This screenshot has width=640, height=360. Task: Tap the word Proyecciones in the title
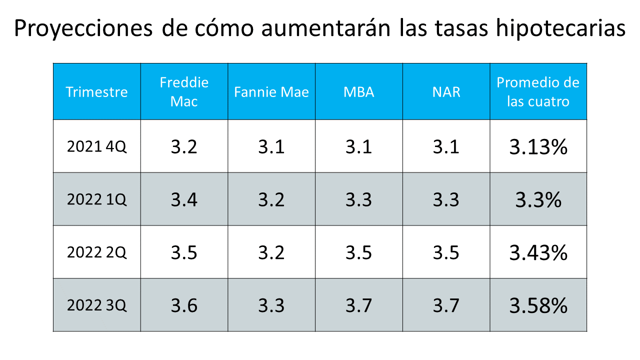coord(83,29)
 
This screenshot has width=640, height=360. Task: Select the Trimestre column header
coord(96,92)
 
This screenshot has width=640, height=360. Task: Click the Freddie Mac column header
coord(184,92)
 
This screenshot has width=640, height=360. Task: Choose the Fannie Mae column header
coord(271,92)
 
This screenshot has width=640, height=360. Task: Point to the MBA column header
coord(358,92)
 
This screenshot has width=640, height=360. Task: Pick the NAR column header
coord(446,92)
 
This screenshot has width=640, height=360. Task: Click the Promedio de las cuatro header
coord(538,92)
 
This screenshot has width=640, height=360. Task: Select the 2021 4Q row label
coord(96,147)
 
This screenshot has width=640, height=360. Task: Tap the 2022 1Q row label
coord(96,199)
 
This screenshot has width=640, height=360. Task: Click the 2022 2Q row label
coord(96,252)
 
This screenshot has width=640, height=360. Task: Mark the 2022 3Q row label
coord(96,305)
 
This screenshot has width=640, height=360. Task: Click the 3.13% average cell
coord(538,147)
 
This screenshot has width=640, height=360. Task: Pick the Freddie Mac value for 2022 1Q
coord(184,200)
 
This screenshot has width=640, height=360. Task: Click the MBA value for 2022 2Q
coord(358,252)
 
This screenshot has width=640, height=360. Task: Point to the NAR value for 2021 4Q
coord(446,147)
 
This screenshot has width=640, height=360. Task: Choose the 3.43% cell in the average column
coord(538,252)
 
